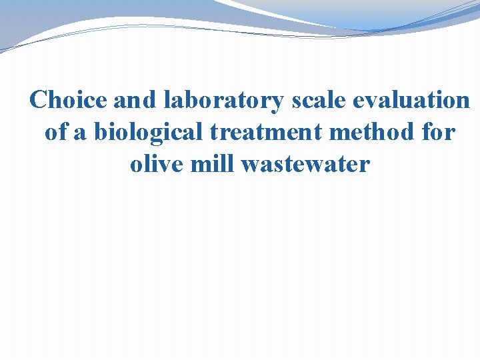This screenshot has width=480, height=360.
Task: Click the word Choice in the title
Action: [x=69, y=100]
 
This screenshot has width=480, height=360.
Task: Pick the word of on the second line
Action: [x=56, y=132]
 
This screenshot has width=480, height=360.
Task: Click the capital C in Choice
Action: [x=39, y=100]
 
